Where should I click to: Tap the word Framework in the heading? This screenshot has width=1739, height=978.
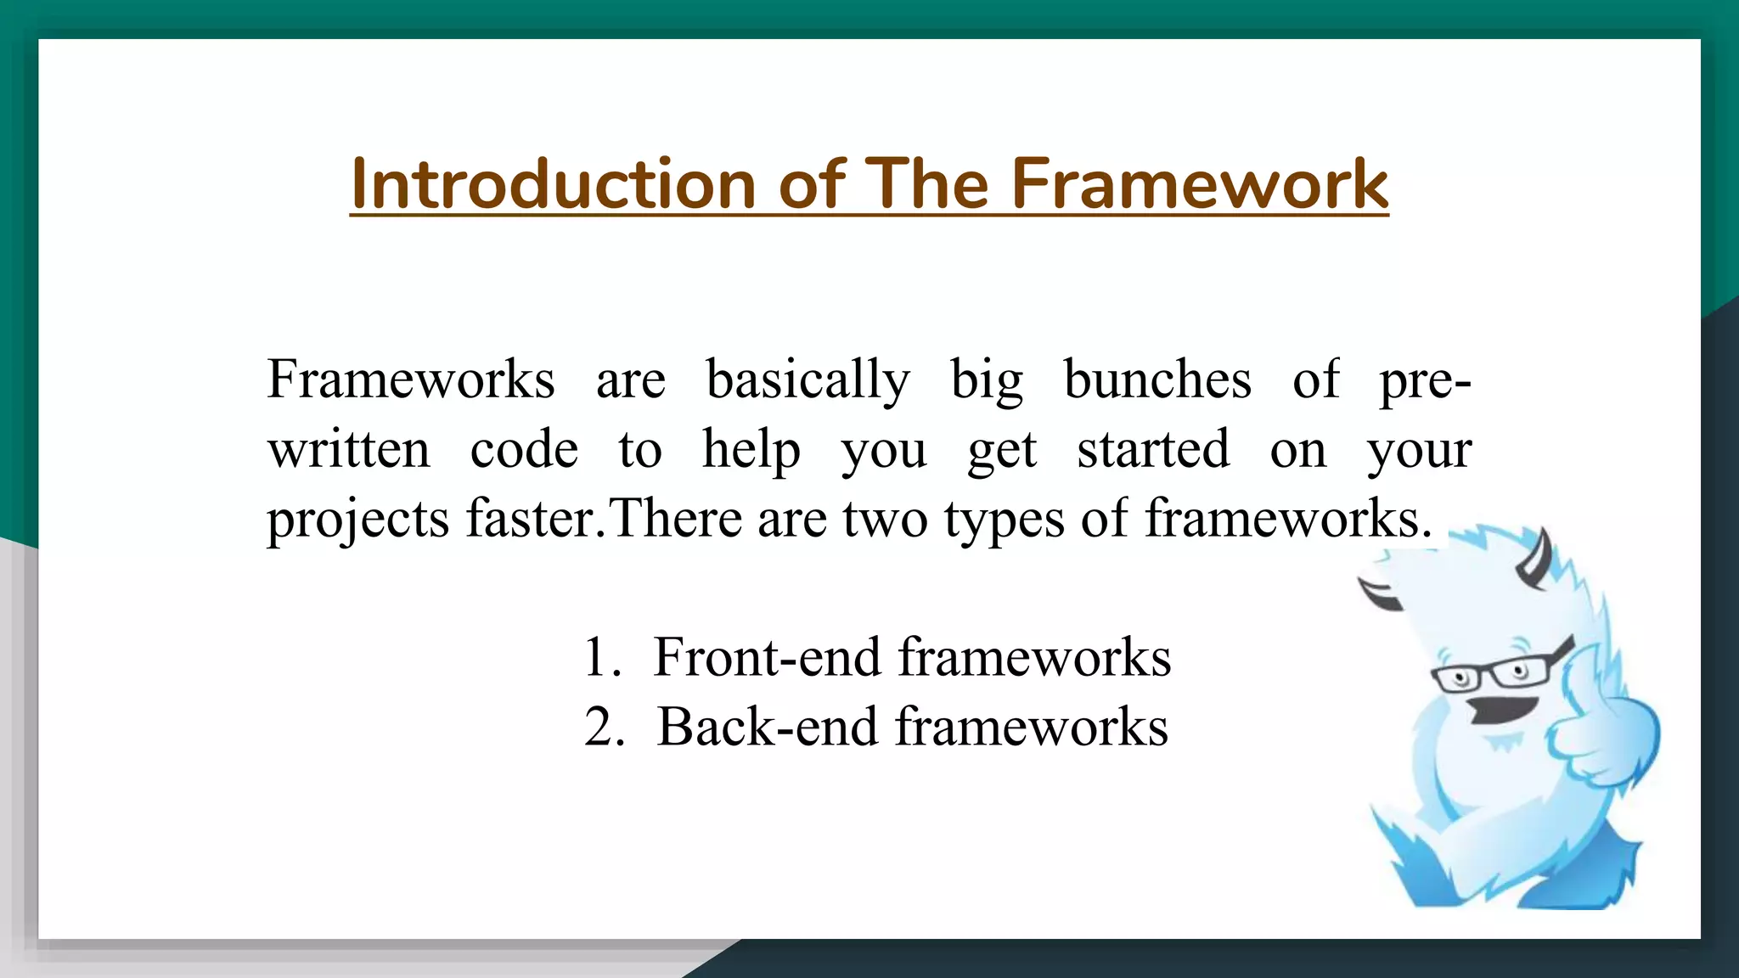click(1199, 184)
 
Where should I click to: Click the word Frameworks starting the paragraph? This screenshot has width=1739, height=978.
click(411, 379)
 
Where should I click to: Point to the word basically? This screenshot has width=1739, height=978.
click(808, 381)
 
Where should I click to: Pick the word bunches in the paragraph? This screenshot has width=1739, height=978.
click(1157, 379)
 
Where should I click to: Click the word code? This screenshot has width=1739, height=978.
click(524, 449)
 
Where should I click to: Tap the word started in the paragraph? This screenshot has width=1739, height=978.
click(1153, 449)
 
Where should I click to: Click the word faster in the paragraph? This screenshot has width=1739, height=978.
click(530, 519)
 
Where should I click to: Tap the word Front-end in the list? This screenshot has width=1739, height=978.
click(767, 658)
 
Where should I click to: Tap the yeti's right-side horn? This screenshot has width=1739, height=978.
click(1537, 560)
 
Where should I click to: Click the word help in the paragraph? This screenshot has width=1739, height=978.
click(751, 451)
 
